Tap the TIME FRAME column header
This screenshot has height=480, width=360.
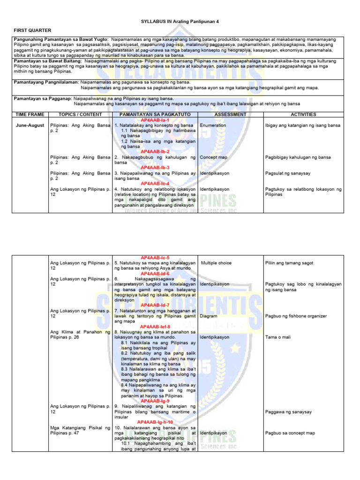(x=29, y=114)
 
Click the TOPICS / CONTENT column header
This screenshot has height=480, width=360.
(x=80, y=114)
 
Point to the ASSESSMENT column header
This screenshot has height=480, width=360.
(x=230, y=114)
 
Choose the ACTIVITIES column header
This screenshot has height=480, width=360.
(x=303, y=114)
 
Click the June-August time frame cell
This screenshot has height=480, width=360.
(x=29, y=126)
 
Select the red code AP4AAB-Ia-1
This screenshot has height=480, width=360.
(x=155, y=120)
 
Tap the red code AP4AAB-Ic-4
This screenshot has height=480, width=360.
(x=155, y=183)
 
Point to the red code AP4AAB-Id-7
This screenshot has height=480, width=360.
(x=155, y=305)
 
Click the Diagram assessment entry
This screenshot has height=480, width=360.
(x=209, y=316)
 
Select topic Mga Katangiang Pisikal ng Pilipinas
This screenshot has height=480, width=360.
(x=80, y=430)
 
